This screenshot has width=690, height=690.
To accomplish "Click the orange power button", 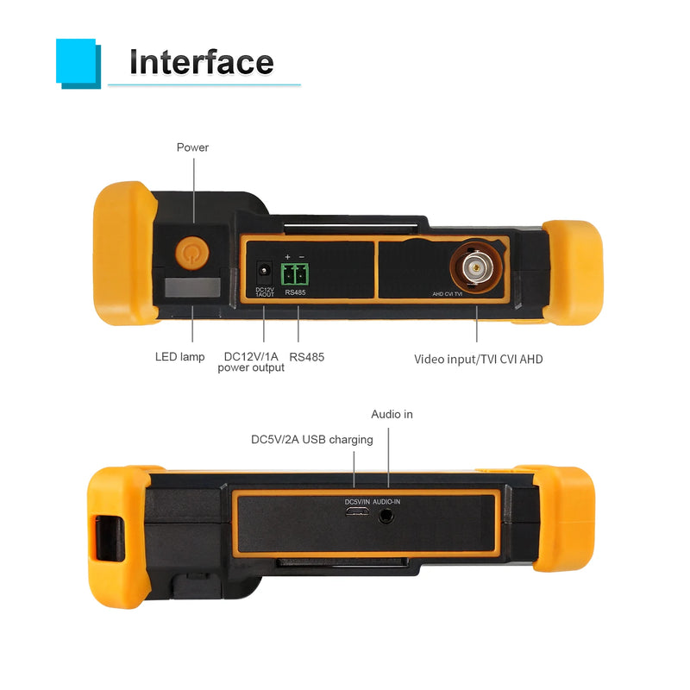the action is [x=191, y=253].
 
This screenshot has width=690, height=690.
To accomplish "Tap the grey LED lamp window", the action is [x=192, y=287].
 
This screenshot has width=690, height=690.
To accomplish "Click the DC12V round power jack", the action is [x=264, y=270].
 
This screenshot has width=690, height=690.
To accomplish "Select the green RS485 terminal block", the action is [x=295, y=274].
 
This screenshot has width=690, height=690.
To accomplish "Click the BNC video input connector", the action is [x=476, y=267].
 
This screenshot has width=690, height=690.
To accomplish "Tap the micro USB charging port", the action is [x=357, y=511].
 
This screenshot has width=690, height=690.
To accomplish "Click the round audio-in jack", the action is [x=386, y=515].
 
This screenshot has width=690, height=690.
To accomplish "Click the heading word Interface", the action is [x=202, y=62].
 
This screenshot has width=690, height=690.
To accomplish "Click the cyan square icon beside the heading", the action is [x=78, y=64].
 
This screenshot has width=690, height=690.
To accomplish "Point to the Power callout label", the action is [x=192, y=147].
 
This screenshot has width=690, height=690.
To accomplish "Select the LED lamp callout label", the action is [x=180, y=357].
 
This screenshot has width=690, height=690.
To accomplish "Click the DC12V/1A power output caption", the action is [x=251, y=362].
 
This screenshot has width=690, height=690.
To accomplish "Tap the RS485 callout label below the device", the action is [x=307, y=357].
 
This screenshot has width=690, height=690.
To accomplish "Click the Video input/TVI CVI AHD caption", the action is [x=479, y=360].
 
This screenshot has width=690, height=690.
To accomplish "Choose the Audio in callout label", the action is [x=392, y=414].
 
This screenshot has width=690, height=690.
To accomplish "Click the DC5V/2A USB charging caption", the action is [x=312, y=440].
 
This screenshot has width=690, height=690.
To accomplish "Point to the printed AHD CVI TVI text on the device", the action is [x=448, y=294].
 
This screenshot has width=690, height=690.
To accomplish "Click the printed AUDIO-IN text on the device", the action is [x=386, y=502].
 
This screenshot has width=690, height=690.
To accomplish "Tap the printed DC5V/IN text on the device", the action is [x=357, y=502].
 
